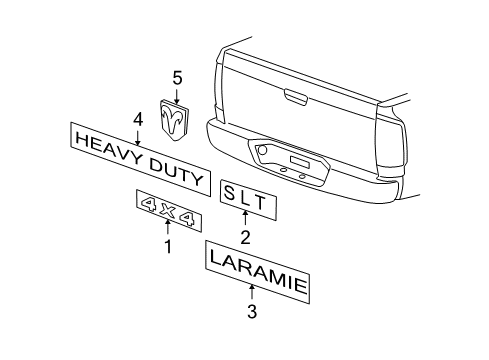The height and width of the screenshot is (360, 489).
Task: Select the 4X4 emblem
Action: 169,213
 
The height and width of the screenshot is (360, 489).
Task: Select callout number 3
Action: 252,311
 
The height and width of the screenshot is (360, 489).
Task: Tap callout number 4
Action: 138,118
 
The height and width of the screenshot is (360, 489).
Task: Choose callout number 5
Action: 178,76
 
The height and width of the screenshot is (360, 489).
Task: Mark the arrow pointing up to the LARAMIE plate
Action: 252,292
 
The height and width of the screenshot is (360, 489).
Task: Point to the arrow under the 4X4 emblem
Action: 168,228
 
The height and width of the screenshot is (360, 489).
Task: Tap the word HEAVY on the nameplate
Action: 107,147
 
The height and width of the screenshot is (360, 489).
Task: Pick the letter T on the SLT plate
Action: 261,203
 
